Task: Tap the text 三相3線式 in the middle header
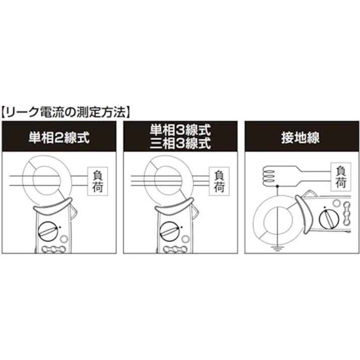pos(180,143)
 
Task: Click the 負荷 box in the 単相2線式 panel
pos(98,180)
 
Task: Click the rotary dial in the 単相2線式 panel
pos(49,232)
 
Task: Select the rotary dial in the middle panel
pos(170,232)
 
